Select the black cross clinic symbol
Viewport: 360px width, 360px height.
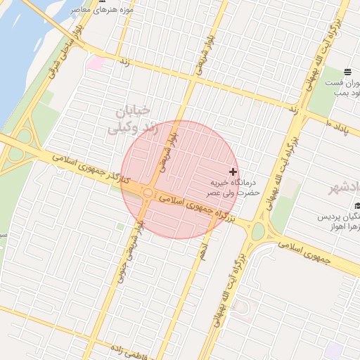click(x=233, y=172)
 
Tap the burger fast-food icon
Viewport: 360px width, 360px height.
click(x=347, y=72)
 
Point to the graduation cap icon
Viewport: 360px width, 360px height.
click(x=358, y=205)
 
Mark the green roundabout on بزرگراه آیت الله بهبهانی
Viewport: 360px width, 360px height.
click(x=258, y=230)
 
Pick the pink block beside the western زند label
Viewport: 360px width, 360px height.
click(x=95, y=63)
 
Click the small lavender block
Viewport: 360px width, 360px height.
click(x=333, y=349)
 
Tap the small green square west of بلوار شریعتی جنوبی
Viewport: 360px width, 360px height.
click(x=120, y=226)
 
